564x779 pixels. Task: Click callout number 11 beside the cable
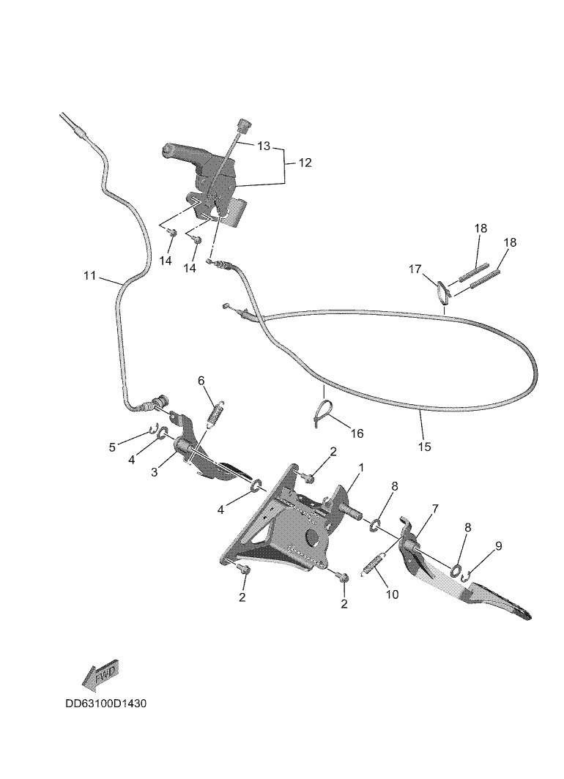click(x=90, y=275)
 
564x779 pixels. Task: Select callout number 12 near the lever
click(x=305, y=163)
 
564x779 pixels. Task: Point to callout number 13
click(x=263, y=146)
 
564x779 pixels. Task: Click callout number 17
click(x=415, y=269)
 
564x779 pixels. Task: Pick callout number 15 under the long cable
click(x=425, y=445)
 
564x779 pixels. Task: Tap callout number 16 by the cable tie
click(x=357, y=433)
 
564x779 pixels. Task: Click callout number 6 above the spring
click(x=201, y=380)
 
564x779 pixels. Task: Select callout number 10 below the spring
click(x=392, y=594)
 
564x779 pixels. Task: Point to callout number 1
click(x=360, y=466)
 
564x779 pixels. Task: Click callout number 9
click(x=498, y=545)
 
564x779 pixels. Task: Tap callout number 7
click(x=434, y=508)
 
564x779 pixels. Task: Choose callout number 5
click(x=112, y=447)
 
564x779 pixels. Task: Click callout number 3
click(x=155, y=472)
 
